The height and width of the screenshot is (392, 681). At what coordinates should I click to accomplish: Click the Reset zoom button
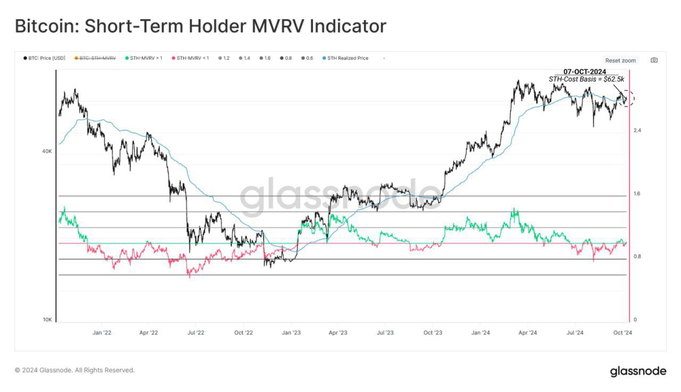pos(620,61)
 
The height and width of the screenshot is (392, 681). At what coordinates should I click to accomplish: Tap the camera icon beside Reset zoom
pos(654,60)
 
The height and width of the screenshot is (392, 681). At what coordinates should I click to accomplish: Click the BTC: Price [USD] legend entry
pos(44,58)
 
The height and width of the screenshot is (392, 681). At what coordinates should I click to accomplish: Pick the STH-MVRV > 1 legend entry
pos(144,58)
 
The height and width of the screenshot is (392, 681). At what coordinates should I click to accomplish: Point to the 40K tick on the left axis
pos(47,152)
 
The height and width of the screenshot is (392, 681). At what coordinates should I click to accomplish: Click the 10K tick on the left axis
pos(47,320)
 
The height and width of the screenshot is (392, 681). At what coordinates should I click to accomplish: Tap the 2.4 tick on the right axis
pos(637,130)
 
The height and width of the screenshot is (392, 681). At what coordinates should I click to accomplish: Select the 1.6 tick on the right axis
pos(637,194)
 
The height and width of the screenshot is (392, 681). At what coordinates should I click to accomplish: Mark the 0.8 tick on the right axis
pos(637,256)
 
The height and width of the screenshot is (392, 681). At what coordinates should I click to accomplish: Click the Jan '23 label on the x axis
pos(291,332)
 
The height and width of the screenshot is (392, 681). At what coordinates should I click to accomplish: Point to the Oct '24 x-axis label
pos(622,332)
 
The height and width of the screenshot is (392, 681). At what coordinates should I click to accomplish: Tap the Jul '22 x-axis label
pos(196,332)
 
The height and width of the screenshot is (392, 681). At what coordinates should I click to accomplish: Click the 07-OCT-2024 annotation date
pos(585,72)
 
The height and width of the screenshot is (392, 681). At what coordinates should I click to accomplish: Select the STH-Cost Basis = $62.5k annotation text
pos(586,79)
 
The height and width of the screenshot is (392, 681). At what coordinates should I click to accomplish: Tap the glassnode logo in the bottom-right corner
pos(637,371)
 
